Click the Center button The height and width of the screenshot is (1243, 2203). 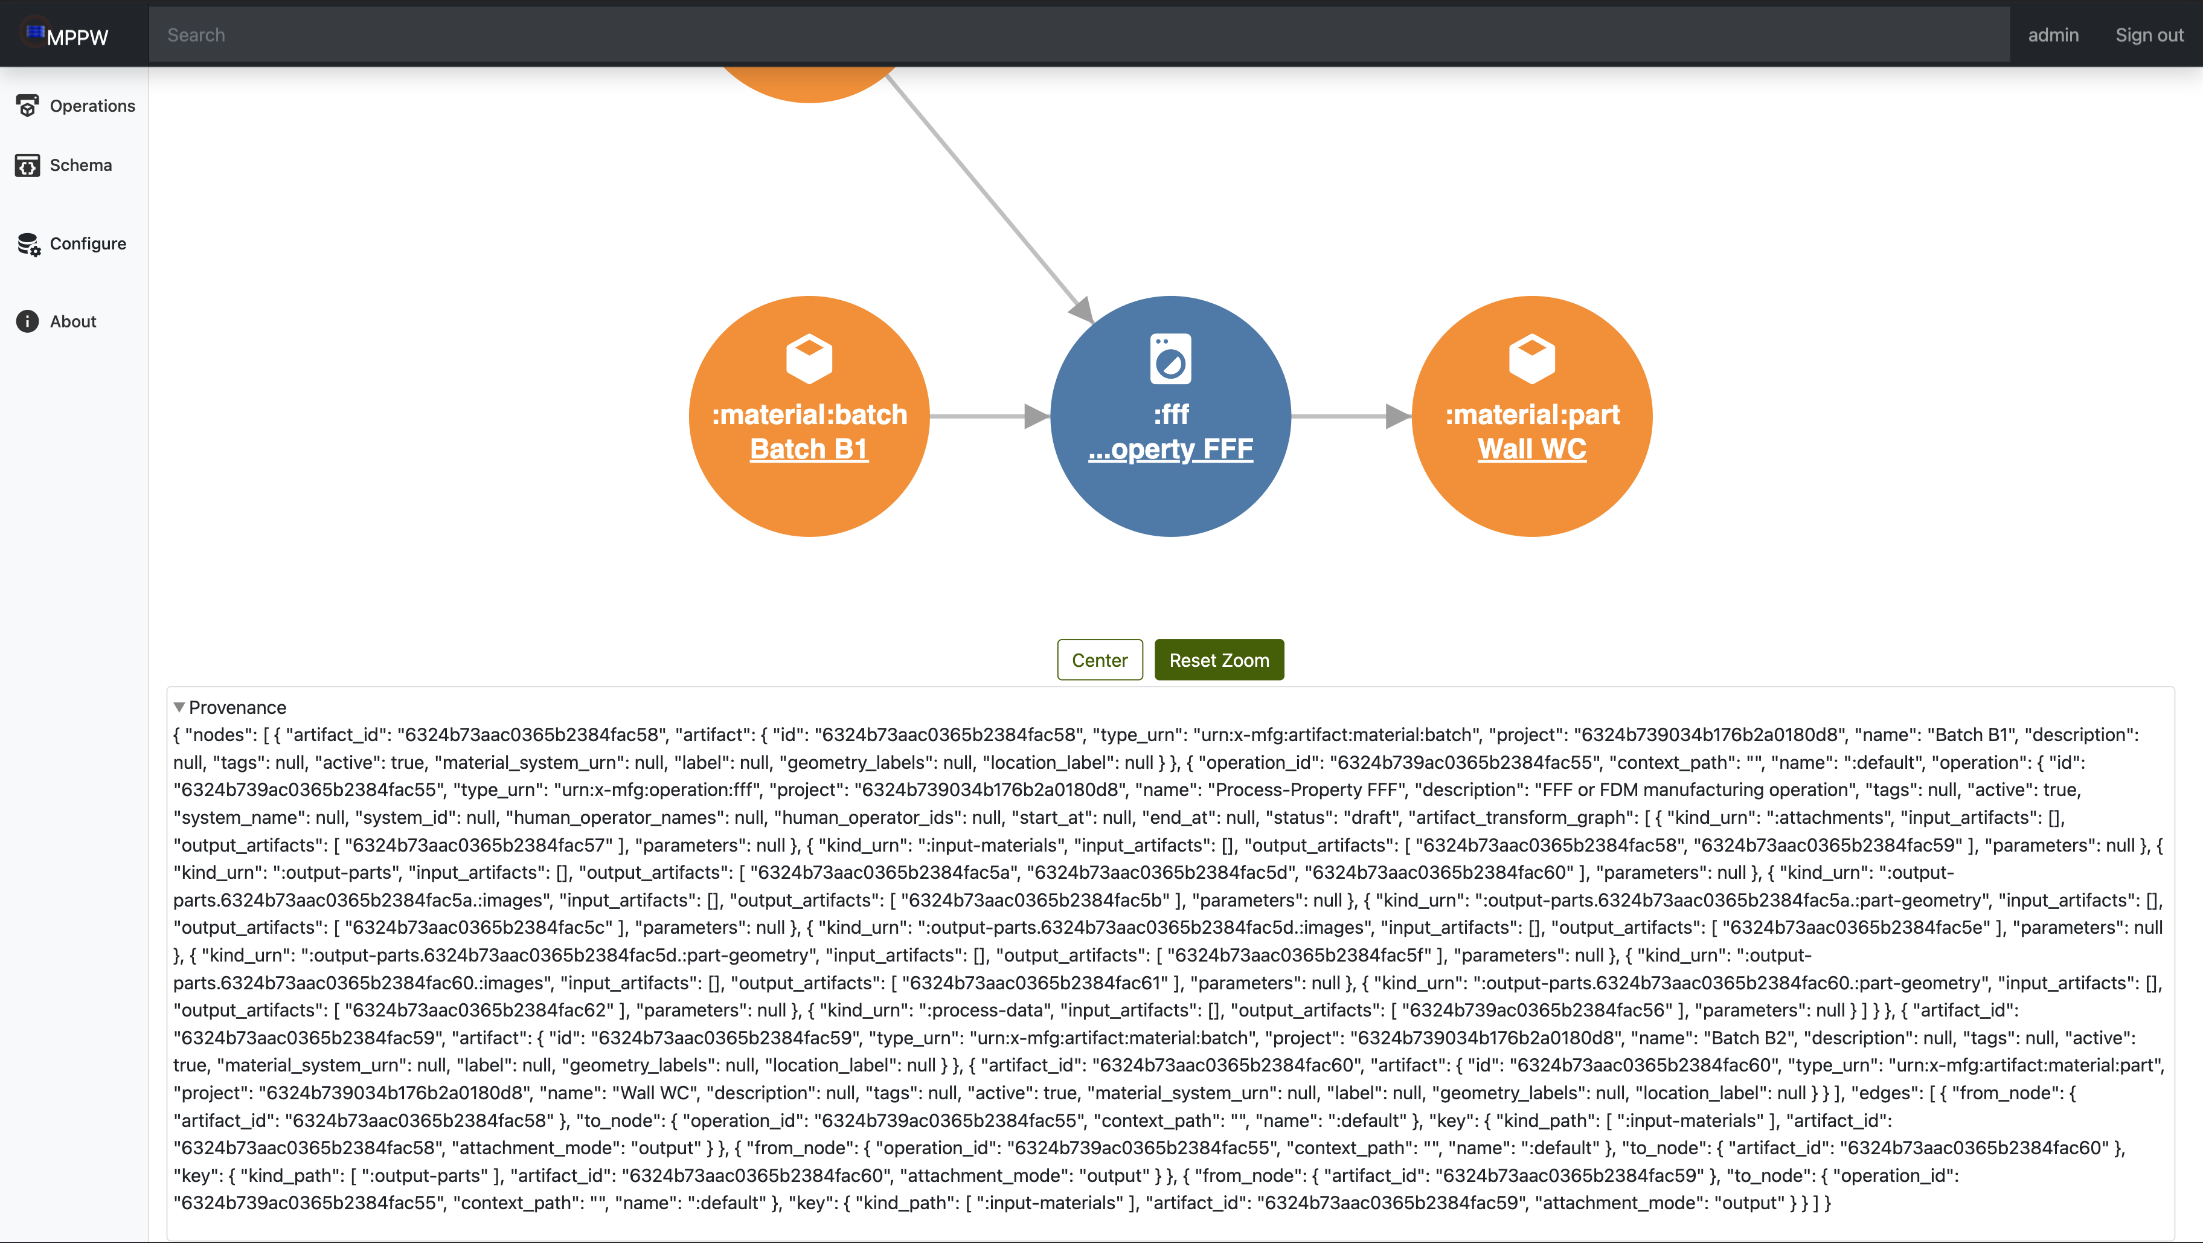pyautogui.click(x=1099, y=660)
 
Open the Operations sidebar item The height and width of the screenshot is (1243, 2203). pyautogui.click(x=75, y=106)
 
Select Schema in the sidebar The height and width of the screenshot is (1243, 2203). pyautogui.click(x=64, y=165)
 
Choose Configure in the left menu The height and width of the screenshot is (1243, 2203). pyautogui.click(x=71, y=244)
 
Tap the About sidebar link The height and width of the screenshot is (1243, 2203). pyautogui.click(x=56, y=322)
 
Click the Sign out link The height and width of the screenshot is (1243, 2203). pyautogui.click(x=2149, y=35)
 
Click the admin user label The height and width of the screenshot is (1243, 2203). pyautogui.click(x=2053, y=35)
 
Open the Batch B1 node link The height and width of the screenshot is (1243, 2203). pyautogui.click(x=809, y=449)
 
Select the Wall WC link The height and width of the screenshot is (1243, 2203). pyautogui.click(x=1531, y=449)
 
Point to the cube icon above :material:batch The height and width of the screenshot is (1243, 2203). pyautogui.click(x=809, y=358)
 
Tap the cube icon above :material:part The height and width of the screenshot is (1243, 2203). pyautogui.click(x=1531, y=358)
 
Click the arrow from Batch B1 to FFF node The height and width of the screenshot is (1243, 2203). pyautogui.click(x=989, y=417)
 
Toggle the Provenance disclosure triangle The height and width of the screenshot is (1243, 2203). pyautogui.click(x=179, y=707)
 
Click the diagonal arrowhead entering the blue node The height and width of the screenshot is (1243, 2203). pyautogui.click(x=1083, y=310)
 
